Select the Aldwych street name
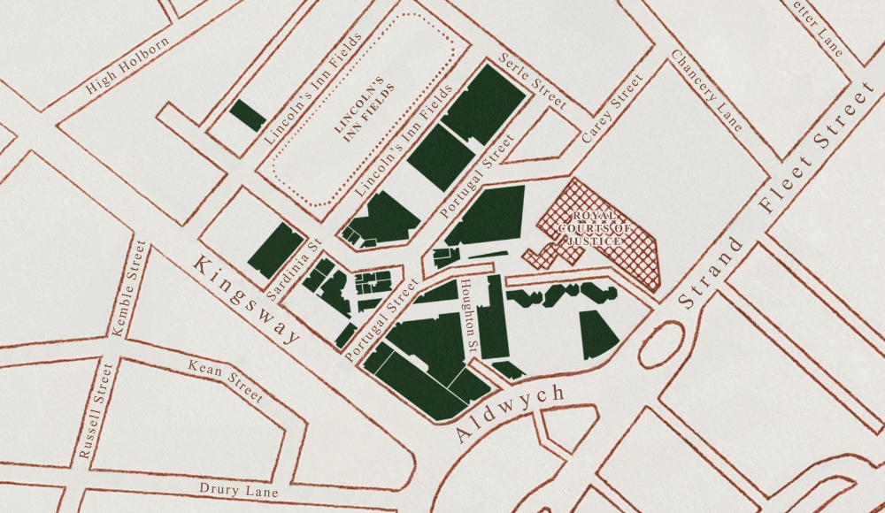pos(510,414)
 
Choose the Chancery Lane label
pos(706,90)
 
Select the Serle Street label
pos(532,81)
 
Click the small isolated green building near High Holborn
pos(247,116)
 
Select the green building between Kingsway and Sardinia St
pos(275,250)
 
